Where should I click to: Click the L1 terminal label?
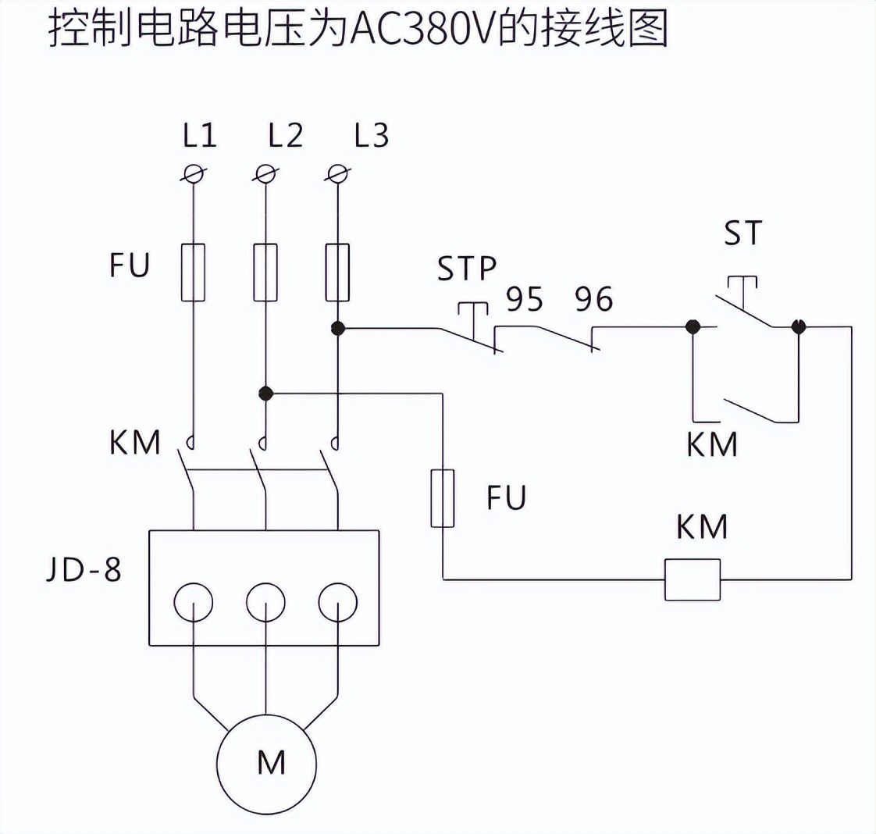click(200, 136)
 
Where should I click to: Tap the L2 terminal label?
click(285, 136)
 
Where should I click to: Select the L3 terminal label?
click(371, 136)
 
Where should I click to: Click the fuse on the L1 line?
click(193, 272)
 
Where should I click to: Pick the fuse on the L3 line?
click(337, 272)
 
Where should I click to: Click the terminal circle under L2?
click(265, 173)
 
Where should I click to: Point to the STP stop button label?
click(466, 268)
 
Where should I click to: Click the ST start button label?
click(742, 233)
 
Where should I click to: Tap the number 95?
click(525, 299)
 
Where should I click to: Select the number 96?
click(594, 299)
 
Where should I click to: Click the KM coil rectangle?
click(692, 579)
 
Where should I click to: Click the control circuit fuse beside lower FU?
click(443, 498)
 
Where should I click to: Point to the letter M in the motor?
click(271, 762)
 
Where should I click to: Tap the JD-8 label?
click(84, 569)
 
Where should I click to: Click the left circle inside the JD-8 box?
click(193, 602)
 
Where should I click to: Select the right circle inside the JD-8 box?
click(337, 602)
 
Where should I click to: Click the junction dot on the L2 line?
click(265, 393)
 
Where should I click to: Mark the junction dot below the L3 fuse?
click(337, 328)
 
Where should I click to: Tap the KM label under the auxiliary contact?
click(712, 444)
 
